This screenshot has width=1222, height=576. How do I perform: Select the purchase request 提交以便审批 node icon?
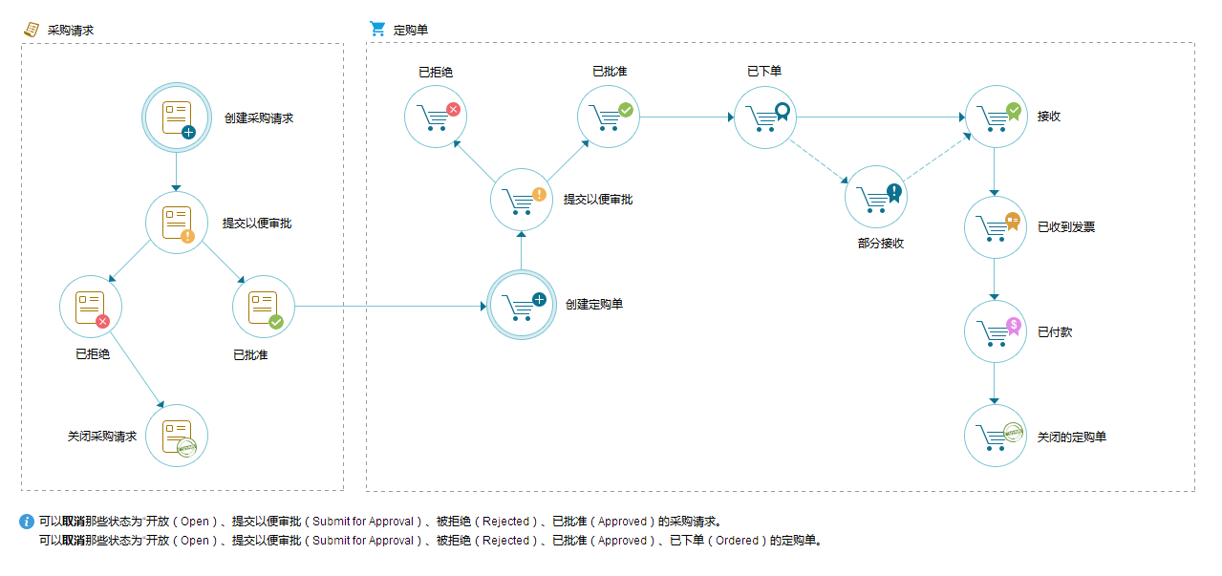pos(177,223)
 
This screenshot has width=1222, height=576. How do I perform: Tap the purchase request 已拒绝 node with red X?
pos(91,307)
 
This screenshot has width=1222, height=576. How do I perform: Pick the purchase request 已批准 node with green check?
pos(264,307)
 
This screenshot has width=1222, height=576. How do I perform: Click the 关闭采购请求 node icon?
pos(177,436)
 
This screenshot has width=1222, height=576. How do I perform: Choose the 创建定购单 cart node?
pos(521,306)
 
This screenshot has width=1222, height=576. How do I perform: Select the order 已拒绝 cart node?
pos(436,117)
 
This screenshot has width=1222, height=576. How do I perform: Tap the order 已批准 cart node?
pos(608,117)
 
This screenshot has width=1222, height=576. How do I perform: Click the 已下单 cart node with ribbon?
pos(765,117)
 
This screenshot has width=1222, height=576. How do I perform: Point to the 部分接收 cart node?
pos(875,197)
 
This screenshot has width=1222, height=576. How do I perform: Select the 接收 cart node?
pos(996,117)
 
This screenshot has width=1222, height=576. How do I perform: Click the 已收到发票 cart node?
pos(996,227)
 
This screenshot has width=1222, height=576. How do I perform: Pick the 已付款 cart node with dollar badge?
pos(996,331)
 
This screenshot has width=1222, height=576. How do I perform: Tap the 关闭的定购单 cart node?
pos(996,436)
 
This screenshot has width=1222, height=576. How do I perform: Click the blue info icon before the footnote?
pos(27,522)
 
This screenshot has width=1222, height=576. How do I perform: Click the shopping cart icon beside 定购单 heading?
pos(377,29)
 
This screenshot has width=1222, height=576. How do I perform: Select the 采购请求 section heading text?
pos(71,30)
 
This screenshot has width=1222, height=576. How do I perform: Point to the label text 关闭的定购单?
pos(1072,437)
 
